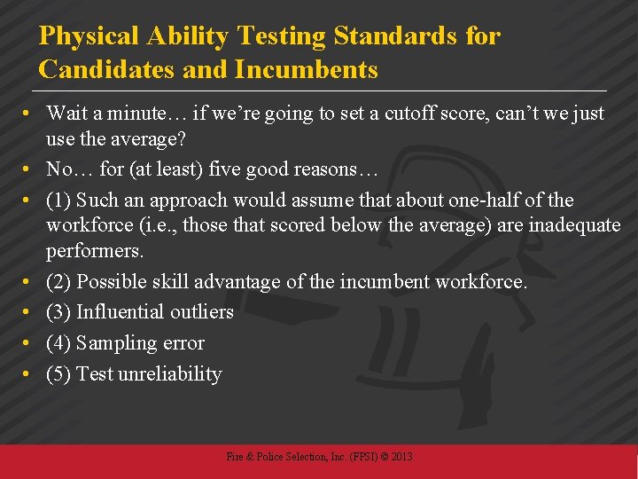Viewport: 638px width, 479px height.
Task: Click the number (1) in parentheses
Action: [x=58, y=200]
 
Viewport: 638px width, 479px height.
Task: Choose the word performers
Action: [x=95, y=251]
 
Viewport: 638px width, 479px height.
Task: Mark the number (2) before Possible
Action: [x=58, y=282]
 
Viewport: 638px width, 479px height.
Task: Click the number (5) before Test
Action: [x=58, y=373]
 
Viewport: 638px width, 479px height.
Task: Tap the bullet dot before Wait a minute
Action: [x=29, y=114]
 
